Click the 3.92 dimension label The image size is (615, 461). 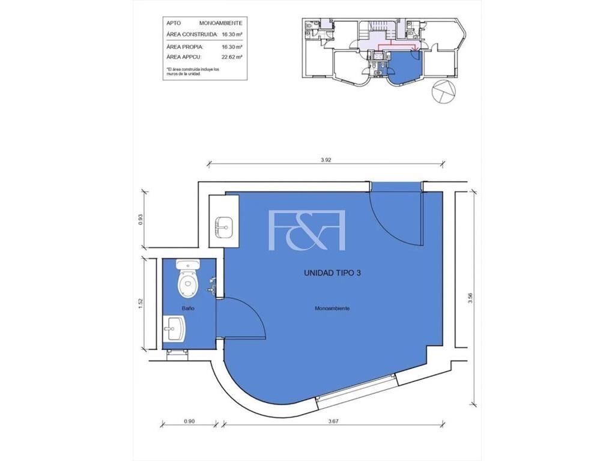[326, 160]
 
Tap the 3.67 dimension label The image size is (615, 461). [333, 421]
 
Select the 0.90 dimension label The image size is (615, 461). [189, 421]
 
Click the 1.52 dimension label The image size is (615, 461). [141, 304]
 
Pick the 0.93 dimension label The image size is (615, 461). [141, 219]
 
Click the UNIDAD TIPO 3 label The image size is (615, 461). [332, 273]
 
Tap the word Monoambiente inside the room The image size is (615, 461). [332, 309]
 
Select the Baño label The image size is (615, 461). [188, 309]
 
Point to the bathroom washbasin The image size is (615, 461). [174, 330]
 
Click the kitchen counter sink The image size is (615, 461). [223, 227]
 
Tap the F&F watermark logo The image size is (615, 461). [307, 230]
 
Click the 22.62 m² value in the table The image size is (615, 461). [232, 57]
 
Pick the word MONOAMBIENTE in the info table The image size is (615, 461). [221, 23]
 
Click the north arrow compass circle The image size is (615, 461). [444, 91]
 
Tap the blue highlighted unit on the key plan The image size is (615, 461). [404, 67]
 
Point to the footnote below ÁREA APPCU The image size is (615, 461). [193, 71]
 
